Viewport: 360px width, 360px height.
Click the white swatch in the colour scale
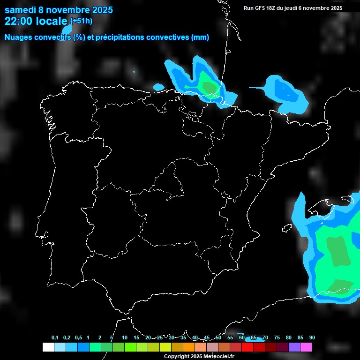(x=48, y=347)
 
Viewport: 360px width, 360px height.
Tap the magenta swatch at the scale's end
(x=306, y=347)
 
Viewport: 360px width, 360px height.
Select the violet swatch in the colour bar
(x=294, y=347)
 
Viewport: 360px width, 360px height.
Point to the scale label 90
(x=312, y=338)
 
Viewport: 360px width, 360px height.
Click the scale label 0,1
(x=55, y=338)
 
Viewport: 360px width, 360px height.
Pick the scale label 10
(x=125, y=338)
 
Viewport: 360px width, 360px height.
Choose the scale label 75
(x=277, y=338)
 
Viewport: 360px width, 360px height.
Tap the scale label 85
(x=300, y=338)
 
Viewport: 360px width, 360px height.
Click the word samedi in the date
(x=21, y=10)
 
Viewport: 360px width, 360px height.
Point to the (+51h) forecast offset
(x=81, y=21)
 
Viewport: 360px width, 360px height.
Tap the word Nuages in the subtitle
(x=19, y=37)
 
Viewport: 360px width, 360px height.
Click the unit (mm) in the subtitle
(x=200, y=37)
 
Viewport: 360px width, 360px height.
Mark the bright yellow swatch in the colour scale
(x=165, y=347)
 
